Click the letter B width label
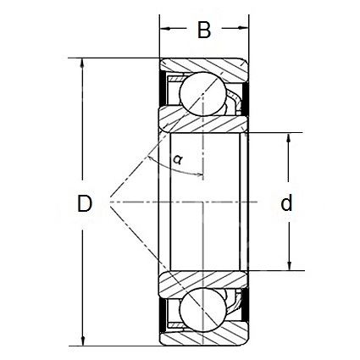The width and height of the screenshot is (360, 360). click(x=204, y=30)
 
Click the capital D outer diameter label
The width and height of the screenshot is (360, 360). click(x=85, y=203)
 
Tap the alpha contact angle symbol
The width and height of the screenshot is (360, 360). click(x=178, y=159)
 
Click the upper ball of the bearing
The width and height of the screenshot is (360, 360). click(x=202, y=93)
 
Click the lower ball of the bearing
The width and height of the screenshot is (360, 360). click(x=202, y=309)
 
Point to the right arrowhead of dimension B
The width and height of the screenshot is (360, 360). click(x=243, y=28)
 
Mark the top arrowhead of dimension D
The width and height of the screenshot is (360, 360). click(x=82, y=64)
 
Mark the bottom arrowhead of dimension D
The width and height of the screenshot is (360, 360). click(x=83, y=341)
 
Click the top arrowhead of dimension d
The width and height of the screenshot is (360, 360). click(x=288, y=138)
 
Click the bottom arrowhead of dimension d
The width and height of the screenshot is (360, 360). click(x=289, y=265)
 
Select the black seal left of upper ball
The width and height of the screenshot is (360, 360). click(x=163, y=88)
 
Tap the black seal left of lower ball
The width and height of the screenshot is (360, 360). click(x=163, y=315)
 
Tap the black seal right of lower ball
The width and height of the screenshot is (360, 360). click(x=246, y=304)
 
